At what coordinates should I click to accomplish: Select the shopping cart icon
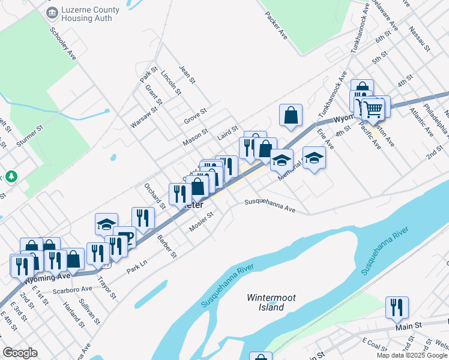(373, 109)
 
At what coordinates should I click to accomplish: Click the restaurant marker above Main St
(397, 307)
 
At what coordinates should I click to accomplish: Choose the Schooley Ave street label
(63, 43)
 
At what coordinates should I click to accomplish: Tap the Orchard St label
(154, 196)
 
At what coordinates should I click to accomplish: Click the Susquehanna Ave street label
(270, 206)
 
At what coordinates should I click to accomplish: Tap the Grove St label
(195, 115)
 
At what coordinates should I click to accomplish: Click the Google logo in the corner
(20, 352)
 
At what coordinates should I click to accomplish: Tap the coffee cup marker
(125, 236)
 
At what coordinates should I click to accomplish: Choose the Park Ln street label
(137, 268)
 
